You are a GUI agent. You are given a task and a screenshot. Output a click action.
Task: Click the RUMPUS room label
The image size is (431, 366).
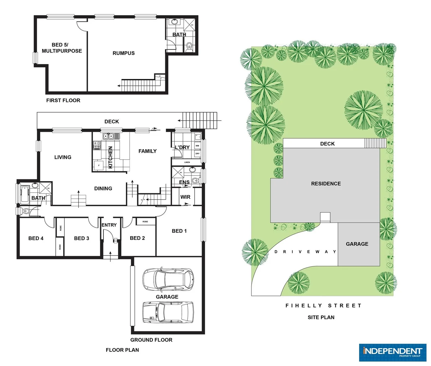124,53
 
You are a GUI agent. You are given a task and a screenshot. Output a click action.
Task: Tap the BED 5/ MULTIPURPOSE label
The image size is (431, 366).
61,48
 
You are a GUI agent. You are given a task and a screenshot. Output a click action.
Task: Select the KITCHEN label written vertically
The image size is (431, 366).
110,157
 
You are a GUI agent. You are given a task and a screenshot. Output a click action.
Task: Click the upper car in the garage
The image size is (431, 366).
168,280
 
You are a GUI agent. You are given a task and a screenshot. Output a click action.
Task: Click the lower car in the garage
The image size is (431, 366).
168,313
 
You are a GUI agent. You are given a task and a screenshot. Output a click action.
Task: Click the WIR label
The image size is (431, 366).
185,197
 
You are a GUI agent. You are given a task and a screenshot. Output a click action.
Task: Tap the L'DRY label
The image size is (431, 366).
182,147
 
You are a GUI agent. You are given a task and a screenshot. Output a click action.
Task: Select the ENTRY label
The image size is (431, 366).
109,225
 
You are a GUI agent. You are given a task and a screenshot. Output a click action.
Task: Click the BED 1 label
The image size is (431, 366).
179,231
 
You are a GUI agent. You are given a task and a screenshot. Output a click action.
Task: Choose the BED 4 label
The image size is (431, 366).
36,238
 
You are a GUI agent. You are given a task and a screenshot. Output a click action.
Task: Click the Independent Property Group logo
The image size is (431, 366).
392,352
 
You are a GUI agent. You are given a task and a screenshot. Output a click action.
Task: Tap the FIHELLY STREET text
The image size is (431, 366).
323,306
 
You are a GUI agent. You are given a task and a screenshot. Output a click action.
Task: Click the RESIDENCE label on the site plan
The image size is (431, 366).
326,184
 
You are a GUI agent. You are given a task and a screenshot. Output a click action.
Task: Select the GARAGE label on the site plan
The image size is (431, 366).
357,244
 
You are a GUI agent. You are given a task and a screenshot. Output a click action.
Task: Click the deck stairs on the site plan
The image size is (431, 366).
375,143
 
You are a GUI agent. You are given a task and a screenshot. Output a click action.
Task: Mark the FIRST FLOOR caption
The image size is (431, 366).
63,100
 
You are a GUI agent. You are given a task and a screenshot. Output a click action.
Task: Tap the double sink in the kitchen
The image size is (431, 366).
108,136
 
